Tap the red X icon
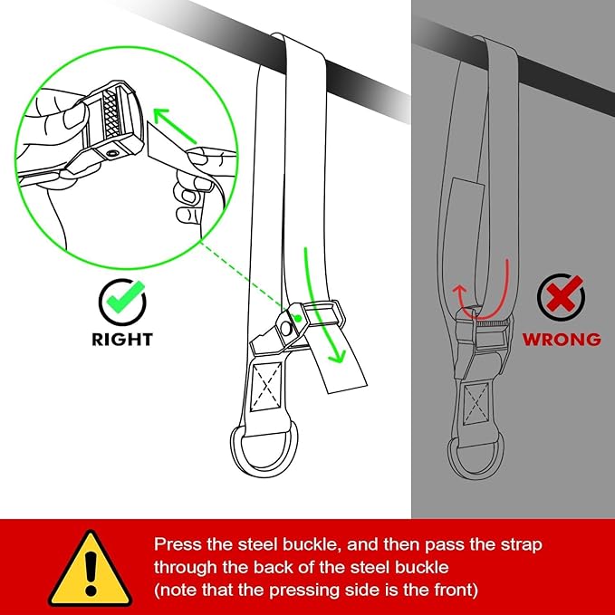coord(560,297)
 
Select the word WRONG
coord(560,340)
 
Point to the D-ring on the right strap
coord(476,450)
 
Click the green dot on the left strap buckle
coord(297,320)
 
